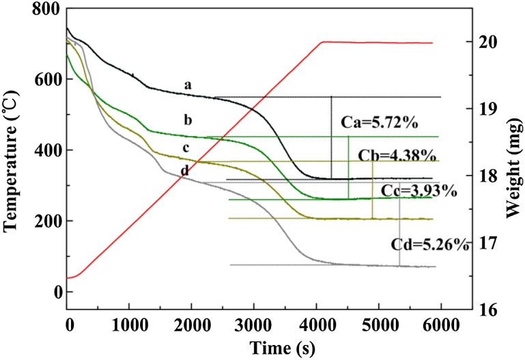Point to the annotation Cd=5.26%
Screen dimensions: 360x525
coord(430,244)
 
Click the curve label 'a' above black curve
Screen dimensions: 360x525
coord(187,85)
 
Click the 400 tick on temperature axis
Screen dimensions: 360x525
coord(46,150)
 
